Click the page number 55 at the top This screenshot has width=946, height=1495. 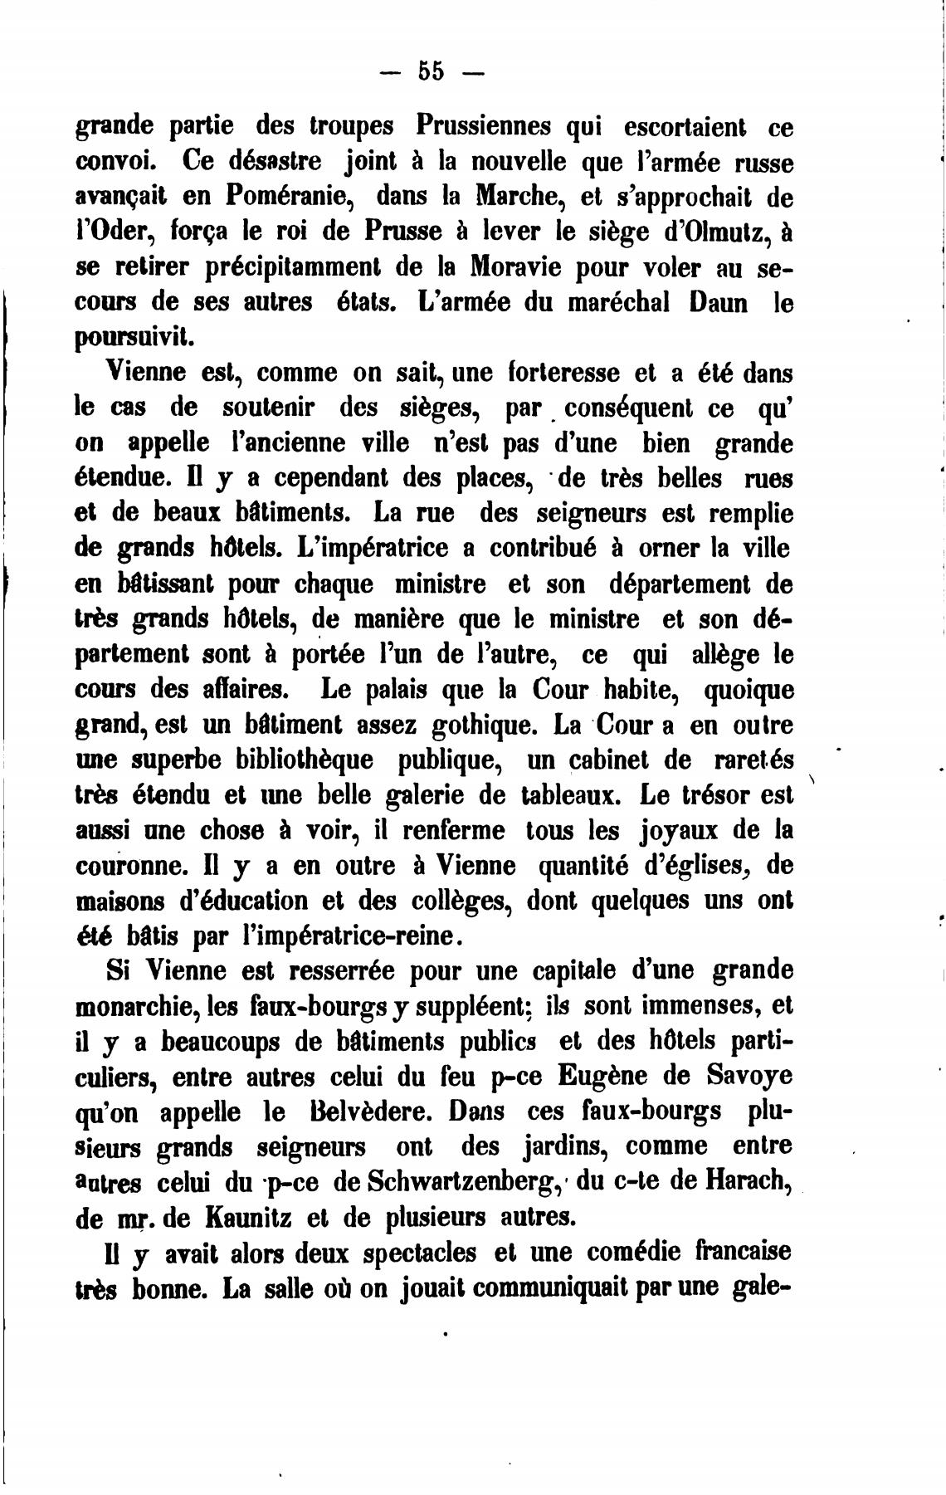click(x=431, y=71)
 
